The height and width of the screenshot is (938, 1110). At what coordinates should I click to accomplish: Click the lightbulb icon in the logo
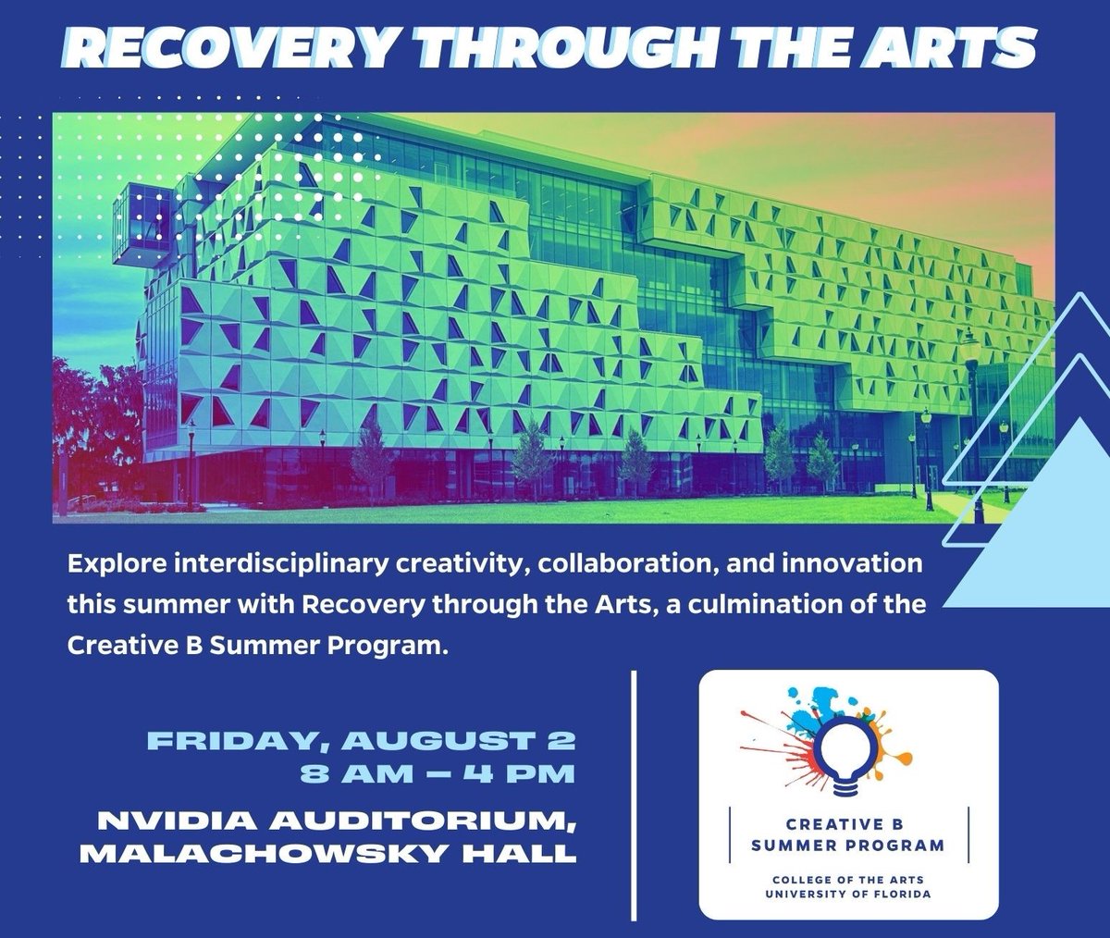pyautogui.click(x=847, y=754)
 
